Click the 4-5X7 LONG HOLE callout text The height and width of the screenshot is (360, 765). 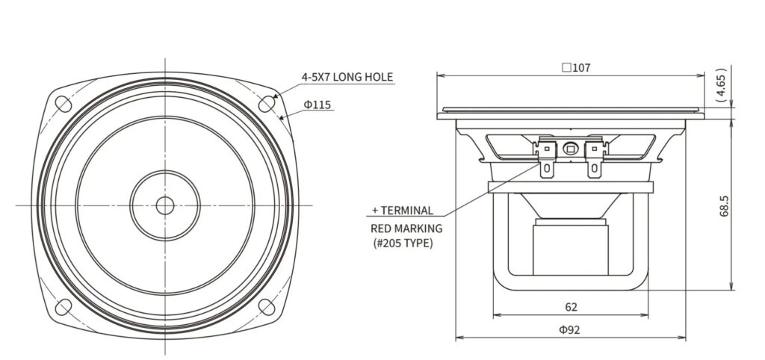[x=347, y=77]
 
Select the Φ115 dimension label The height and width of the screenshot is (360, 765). [x=317, y=105]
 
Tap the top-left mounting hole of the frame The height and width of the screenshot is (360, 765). [x=64, y=103]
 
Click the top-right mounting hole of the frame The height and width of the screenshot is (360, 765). [x=267, y=103]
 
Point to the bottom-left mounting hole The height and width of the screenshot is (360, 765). [x=64, y=307]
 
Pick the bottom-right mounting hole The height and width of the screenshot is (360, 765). [x=267, y=307]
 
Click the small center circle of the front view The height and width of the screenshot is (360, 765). [x=165, y=205]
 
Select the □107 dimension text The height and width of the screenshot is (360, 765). [x=576, y=68]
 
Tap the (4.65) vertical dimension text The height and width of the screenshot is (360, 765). [x=722, y=84]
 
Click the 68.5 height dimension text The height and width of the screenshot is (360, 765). [x=724, y=205]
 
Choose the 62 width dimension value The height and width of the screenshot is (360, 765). [x=572, y=307]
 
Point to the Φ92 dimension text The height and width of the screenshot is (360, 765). [x=570, y=330]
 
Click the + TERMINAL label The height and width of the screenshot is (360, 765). [x=403, y=210]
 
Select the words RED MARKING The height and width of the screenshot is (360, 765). [x=406, y=228]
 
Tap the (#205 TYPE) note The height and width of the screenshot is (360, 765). [x=403, y=243]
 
